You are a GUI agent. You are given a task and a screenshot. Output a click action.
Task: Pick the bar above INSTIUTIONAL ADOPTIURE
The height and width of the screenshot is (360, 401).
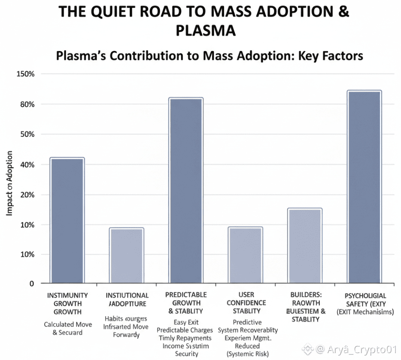click(x=126, y=255)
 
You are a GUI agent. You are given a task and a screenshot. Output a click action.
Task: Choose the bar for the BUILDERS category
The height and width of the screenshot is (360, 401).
click(x=304, y=246)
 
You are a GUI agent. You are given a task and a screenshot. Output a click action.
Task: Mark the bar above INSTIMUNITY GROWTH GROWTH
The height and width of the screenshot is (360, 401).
click(x=67, y=220)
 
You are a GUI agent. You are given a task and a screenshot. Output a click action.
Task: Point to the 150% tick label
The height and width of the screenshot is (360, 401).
click(x=25, y=74)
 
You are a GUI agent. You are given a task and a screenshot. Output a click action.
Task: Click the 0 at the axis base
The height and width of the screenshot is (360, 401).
click(x=31, y=284)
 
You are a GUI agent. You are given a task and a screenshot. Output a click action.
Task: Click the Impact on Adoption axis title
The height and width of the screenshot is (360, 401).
click(x=9, y=183)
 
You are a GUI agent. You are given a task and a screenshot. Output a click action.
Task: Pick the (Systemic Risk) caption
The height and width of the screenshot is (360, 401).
click(x=248, y=354)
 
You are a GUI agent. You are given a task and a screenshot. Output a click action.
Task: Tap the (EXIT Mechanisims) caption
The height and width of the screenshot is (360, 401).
click(x=365, y=312)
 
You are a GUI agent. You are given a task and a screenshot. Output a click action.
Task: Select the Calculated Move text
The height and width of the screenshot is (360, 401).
click(x=68, y=324)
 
